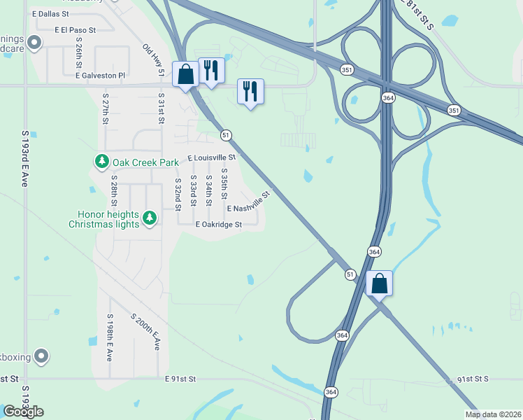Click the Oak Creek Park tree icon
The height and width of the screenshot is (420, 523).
click(x=102, y=162)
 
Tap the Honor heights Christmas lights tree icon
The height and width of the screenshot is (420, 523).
click(x=149, y=218)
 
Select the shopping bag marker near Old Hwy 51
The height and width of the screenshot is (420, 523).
click(x=186, y=75)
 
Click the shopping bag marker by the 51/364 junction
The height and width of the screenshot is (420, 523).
click(x=379, y=284)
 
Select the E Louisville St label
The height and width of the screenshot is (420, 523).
click(x=211, y=158)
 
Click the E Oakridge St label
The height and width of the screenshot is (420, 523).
click(x=218, y=225)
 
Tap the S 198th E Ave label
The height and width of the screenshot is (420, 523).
click(x=110, y=337)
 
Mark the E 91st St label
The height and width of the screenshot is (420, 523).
click(x=180, y=379)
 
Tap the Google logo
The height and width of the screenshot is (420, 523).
click(x=23, y=412)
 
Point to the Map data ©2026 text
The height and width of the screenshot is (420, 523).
click(x=493, y=414)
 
